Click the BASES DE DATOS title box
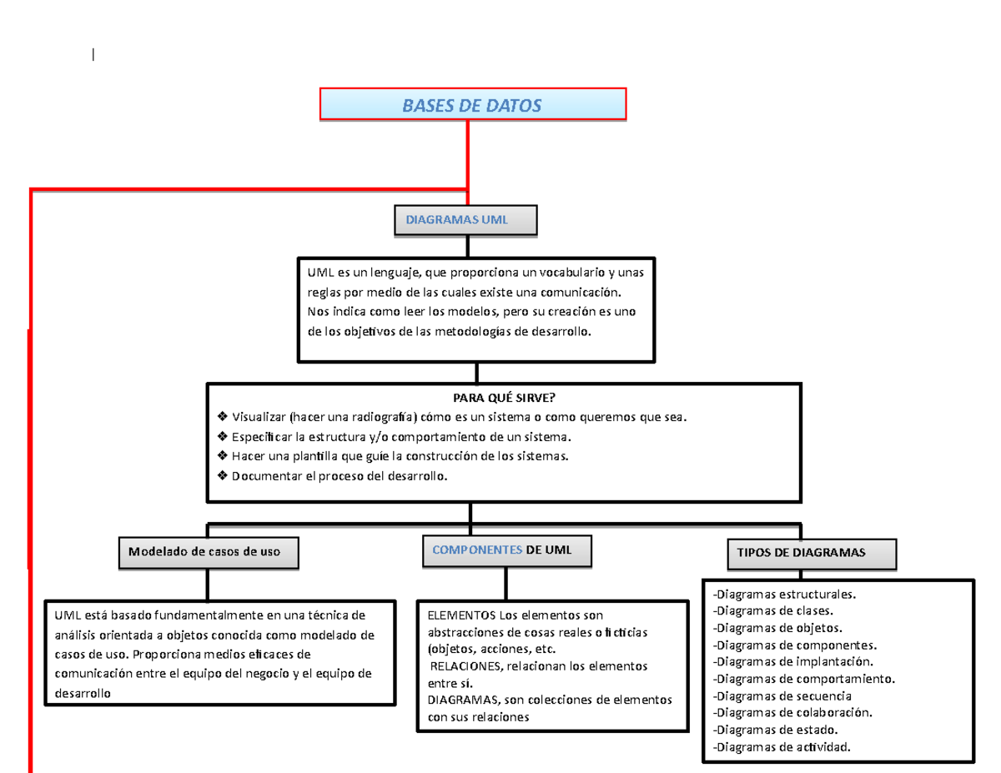pos(472,104)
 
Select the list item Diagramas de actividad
pos(782,746)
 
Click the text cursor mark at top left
pos(93,57)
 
